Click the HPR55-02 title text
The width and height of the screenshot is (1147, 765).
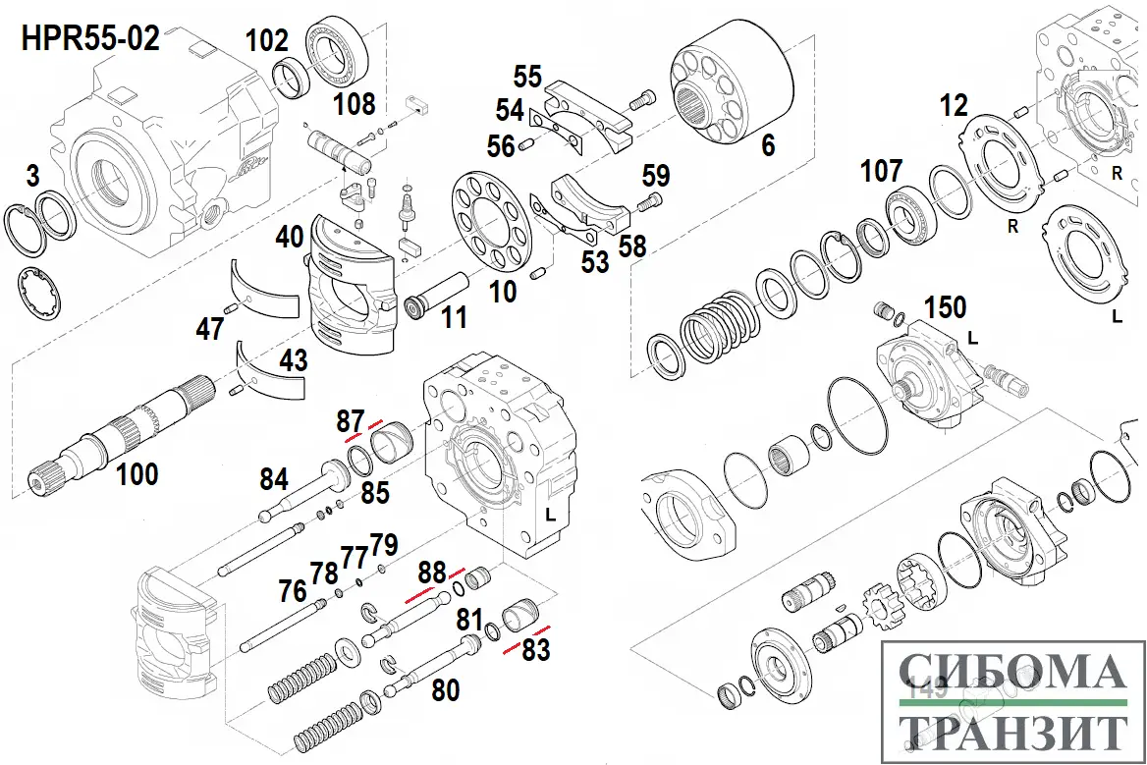(89, 40)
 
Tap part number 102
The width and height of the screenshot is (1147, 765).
(267, 40)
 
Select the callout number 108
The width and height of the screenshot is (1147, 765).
(354, 103)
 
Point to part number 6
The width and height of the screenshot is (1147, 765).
(767, 144)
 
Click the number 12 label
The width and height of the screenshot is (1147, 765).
(953, 105)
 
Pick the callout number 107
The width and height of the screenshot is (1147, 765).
(881, 170)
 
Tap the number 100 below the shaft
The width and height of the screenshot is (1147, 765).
(137, 474)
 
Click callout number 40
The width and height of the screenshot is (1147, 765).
(289, 238)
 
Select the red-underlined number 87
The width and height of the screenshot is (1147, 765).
(351, 421)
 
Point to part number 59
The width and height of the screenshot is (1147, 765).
(656, 176)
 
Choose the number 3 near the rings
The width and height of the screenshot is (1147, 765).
(32, 177)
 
